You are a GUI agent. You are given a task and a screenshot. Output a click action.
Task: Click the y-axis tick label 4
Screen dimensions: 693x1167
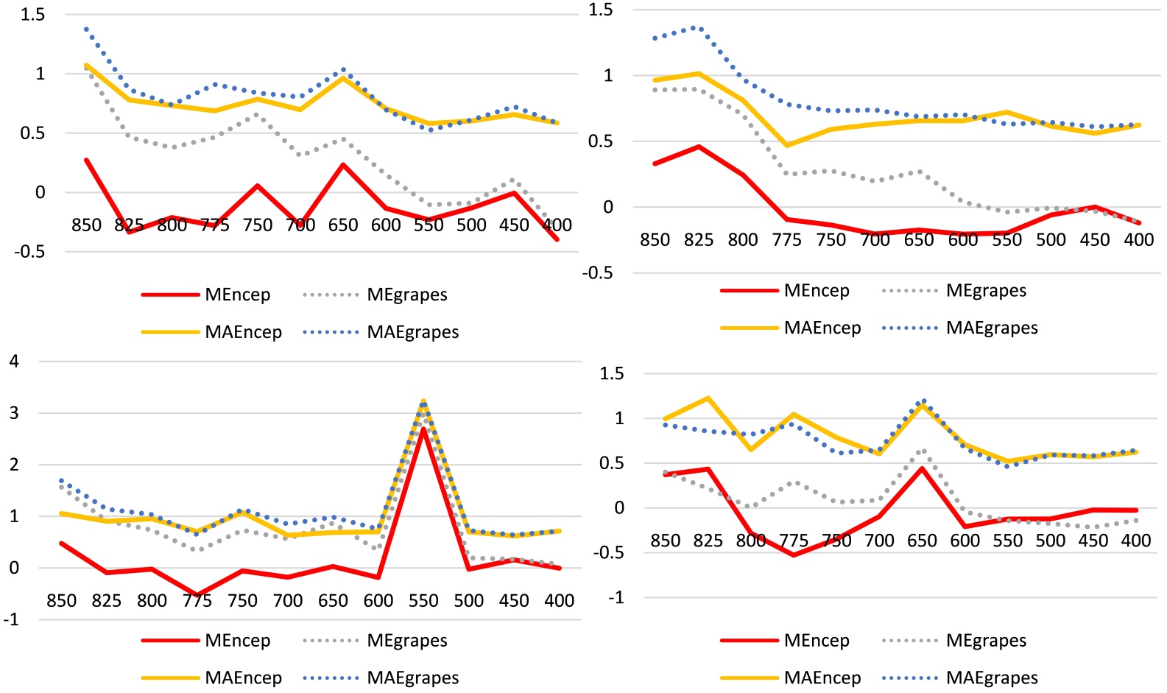point(14,361)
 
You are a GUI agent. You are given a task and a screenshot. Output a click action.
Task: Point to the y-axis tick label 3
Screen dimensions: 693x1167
point(14,412)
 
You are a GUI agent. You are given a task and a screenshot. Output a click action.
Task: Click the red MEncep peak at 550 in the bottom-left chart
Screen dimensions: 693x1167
point(423,429)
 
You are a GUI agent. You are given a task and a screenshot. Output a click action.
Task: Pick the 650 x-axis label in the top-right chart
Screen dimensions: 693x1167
point(919,240)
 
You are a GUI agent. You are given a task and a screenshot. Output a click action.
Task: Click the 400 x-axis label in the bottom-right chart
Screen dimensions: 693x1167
point(1135,541)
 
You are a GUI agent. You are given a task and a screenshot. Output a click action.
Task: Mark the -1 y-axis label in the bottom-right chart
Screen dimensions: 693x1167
point(616,597)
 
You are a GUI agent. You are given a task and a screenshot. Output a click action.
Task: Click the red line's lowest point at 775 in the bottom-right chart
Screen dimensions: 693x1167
point(794,555)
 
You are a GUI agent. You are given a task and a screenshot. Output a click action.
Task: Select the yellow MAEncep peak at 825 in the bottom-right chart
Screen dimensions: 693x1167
point(708,398)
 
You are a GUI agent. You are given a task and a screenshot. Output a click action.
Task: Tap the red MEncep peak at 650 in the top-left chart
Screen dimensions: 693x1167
point(343,164)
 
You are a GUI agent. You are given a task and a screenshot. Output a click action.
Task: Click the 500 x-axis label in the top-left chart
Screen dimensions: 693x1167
point(471,225)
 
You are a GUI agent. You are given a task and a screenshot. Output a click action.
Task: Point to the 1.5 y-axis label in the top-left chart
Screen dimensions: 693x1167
point(32,15)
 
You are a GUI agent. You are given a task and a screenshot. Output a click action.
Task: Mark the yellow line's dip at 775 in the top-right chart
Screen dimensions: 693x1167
point(786,145)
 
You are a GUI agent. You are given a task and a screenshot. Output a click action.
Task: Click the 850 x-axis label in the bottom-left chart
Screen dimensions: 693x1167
point(61,601)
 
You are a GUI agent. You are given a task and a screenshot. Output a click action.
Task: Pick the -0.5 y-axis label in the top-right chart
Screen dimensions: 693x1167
point(597,273)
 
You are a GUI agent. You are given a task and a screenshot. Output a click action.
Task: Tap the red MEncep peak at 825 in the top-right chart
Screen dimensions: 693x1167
point(699,147)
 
